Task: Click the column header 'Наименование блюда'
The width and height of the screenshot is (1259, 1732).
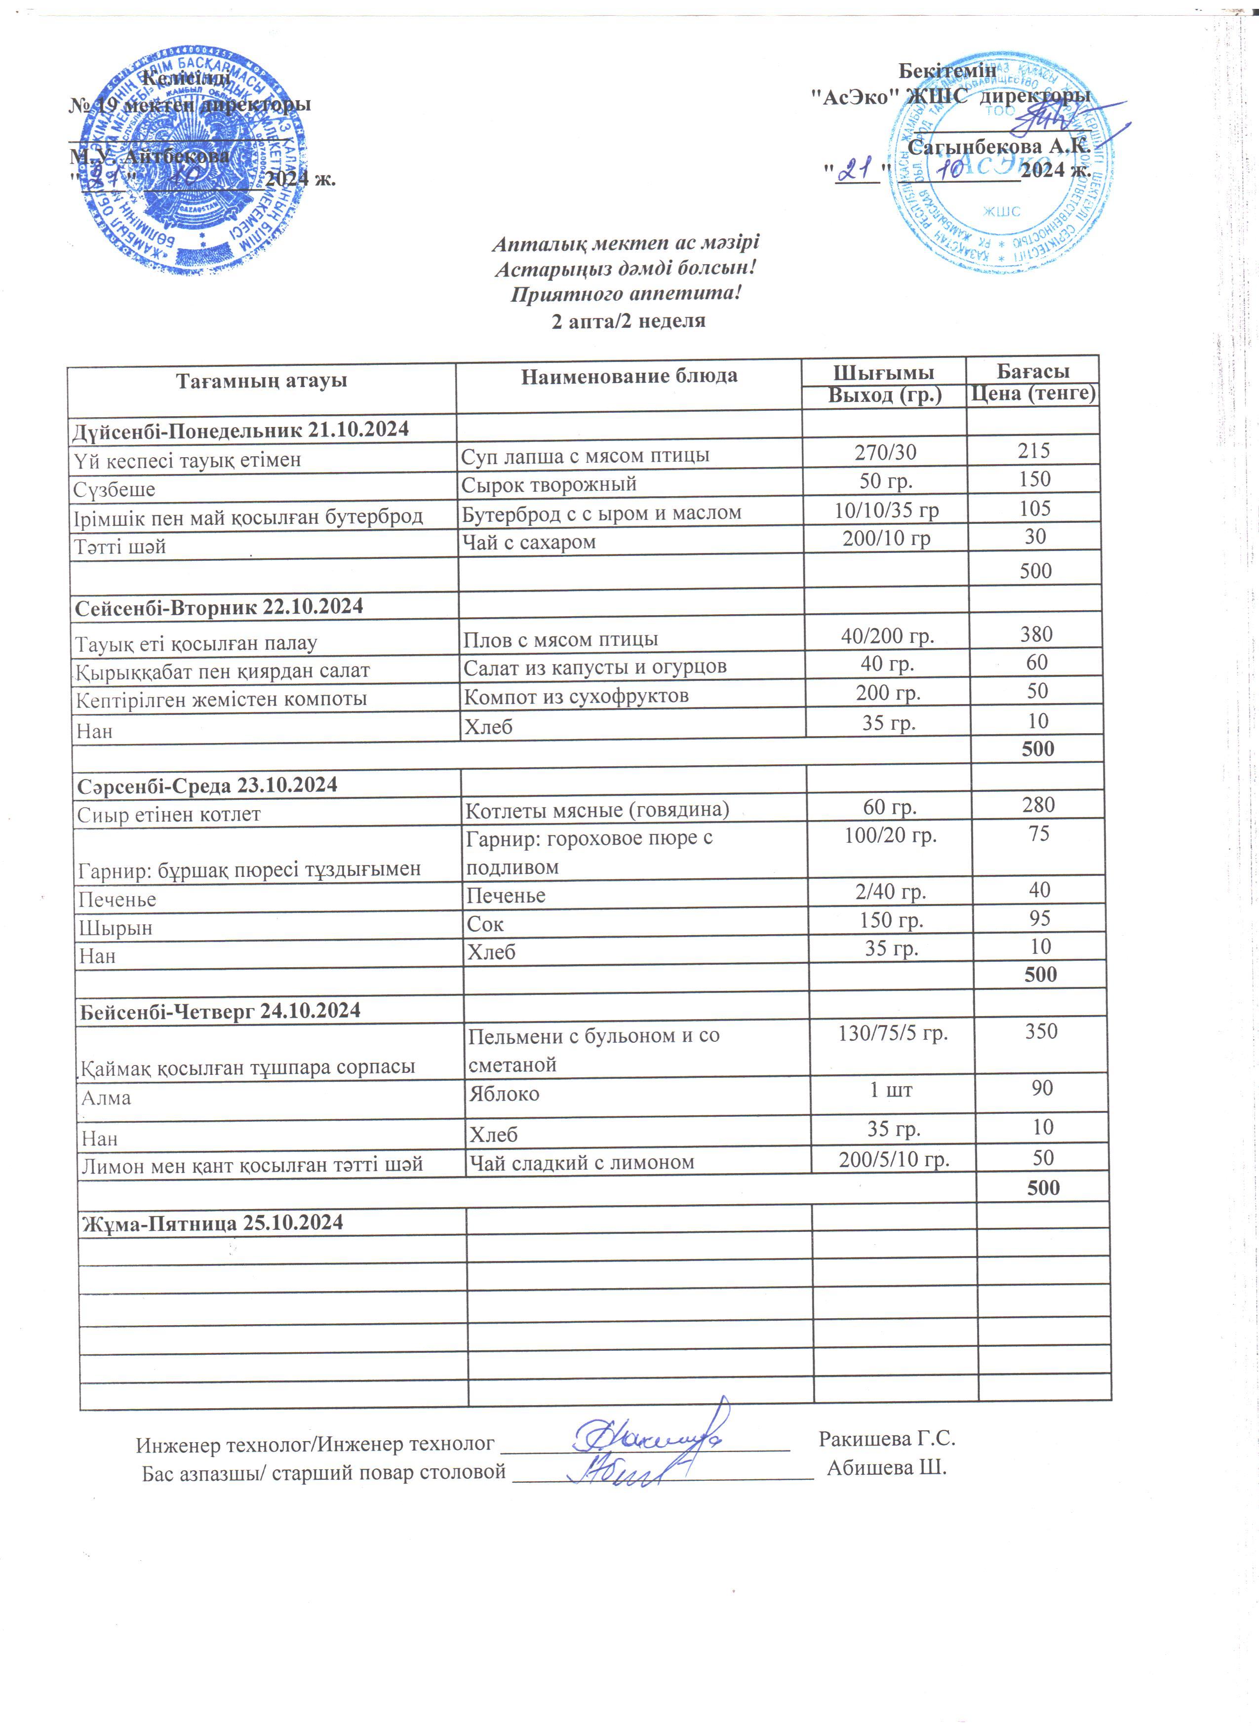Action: [x=629, y=376]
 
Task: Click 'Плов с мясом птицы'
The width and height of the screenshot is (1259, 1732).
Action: [x=560, y=639]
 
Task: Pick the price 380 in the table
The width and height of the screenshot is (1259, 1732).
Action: [x=1036, y=634]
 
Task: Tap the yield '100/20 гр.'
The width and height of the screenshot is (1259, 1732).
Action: [x=890, y=835]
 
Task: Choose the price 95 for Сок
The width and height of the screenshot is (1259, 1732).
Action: [x=1039, y=919]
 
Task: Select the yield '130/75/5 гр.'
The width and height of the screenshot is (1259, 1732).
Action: [x=893, y=1033]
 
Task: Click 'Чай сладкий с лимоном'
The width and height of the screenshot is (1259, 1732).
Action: [x=581, y=1162]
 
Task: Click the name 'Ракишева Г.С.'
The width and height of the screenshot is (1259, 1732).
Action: [x=886, y=1439]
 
